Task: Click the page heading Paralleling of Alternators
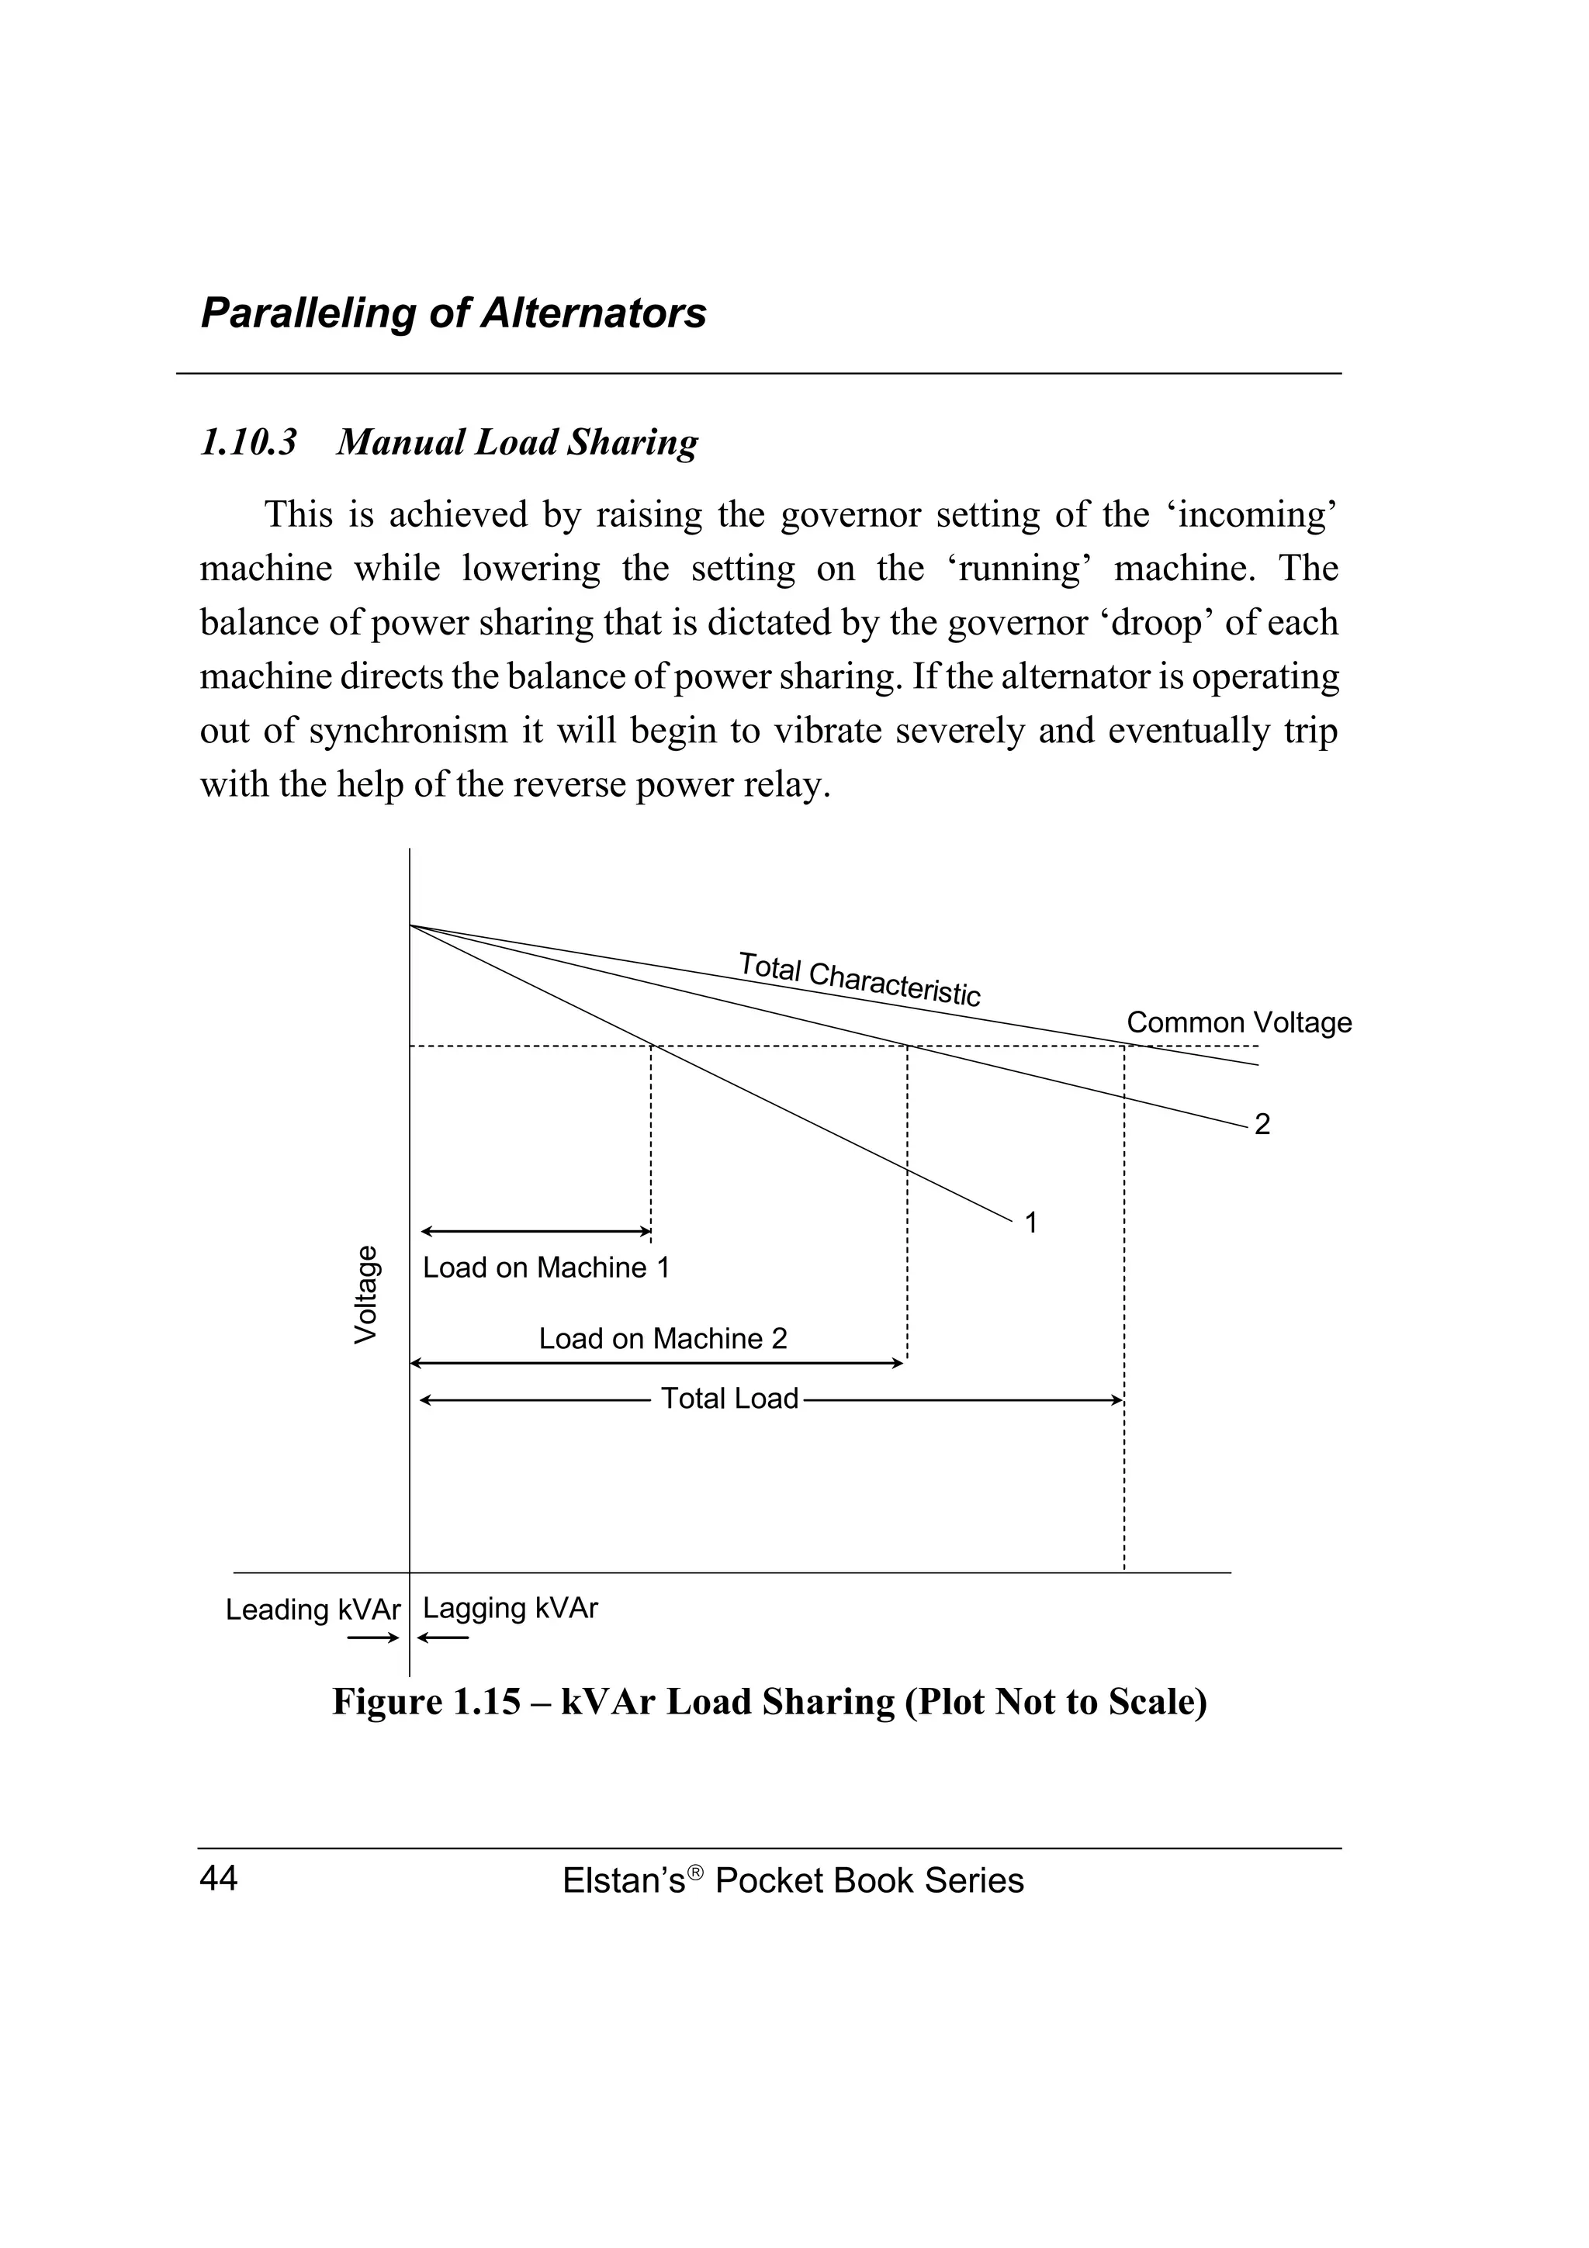(x=452, y=313)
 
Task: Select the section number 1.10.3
(x=249, y=443)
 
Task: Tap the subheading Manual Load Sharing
(x=517, y=443)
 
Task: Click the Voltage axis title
(x=365, y=1295)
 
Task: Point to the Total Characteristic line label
(x=859, y=978)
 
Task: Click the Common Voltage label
(x=1238, y=1023)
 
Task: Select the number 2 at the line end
(x=1262, y=1125)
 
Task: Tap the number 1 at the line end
(x=1031, y=1223)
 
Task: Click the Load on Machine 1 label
(x=546, y=1268)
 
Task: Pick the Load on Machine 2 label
(x=663, y=1338)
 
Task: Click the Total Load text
(x=729, y=1398)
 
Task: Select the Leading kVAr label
(x=313, y=1610)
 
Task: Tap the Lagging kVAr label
(x=510, y=1609)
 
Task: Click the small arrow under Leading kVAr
(x=373, y=1638)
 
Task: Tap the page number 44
(x=217, y=1879)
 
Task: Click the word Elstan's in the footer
(x=623, y=1881)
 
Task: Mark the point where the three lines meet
(x=410, y=925)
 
